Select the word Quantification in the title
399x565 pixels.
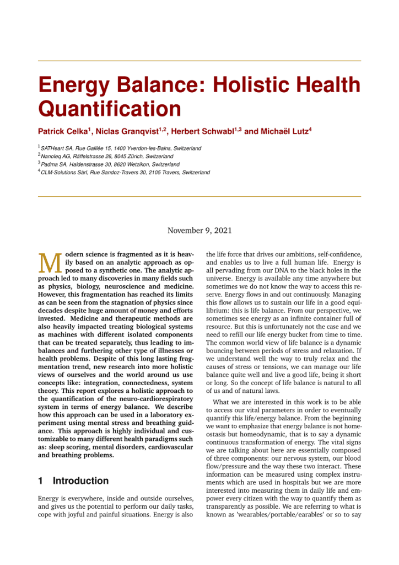(109, 109)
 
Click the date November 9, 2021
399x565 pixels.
(199, 230)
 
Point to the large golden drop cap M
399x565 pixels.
(50, 264)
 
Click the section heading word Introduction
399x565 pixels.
(80, 481)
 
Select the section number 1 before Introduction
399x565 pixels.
(41, 481)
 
